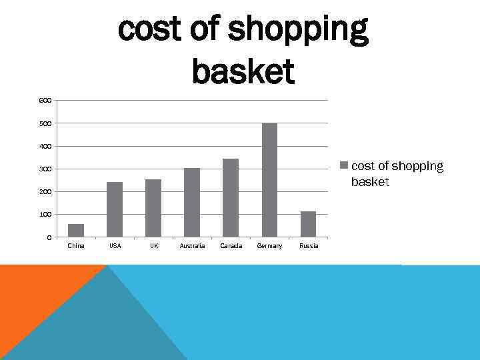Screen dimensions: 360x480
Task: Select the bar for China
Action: tap(76, 231)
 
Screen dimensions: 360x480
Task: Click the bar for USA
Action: tap(115, 209)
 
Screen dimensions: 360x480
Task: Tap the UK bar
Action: tap(153, 208)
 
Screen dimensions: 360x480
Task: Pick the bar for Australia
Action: tap(192, 203)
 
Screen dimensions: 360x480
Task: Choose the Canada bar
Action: tap(231, 198)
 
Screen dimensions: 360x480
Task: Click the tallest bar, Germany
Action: tap(269, 180)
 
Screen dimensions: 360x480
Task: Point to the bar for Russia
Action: tap(308, 224)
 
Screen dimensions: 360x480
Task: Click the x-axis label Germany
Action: tap(269, 246)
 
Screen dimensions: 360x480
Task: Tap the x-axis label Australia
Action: tap(192, 246)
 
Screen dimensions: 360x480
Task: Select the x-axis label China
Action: tap(76, 246)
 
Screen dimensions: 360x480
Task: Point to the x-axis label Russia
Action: tap(309, 246)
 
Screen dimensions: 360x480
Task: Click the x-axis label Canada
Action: tap(231, 246)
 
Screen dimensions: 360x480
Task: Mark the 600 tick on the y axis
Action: tap(45, 101)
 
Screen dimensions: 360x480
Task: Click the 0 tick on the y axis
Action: tap(48, 237)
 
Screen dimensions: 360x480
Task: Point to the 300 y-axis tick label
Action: tap(45, 169)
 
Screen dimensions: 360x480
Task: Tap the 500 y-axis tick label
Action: tap(45, 123)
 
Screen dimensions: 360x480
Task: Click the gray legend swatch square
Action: tap(344, 165)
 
